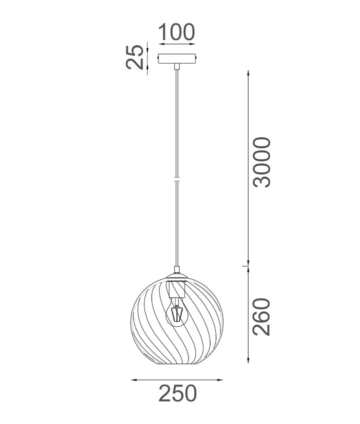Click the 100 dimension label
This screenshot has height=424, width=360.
pyautogui.click(x=176, y=33)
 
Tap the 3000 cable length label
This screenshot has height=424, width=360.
pyautogui.click(x=261, y=162)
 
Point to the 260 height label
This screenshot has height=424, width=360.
pyautogui.click(x=261, y=317)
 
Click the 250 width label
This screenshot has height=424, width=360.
pyautogui.click(x=177, y=394)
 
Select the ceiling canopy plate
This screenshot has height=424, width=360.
pyautogui.click(x=177, y=59)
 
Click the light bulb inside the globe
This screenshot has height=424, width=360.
pyautogui.click(x=176, y=313)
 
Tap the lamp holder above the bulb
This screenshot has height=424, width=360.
pyautogui.click(x=176, y=289)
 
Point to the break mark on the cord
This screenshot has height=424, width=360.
pyautogui.click(x=176, y=179)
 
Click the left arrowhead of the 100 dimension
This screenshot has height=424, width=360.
pyautogui.click(x=160, y=45)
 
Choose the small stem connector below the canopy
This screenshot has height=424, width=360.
pyautogui.click(x=176, y=66)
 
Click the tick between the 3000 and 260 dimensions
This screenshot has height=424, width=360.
pyautogui.click(x=246, y=266)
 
